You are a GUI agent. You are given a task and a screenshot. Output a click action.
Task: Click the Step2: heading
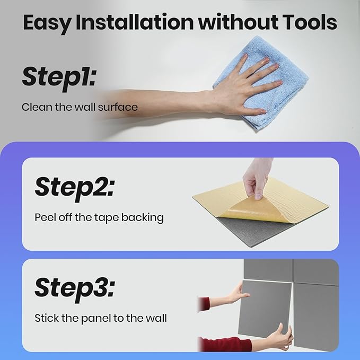pyautogui.click(x=74, y=188)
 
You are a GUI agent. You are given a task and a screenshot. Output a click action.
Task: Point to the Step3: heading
pyautogui.click(x=74, y=289)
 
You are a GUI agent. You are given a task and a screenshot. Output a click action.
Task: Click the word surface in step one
pyautogui.click(x=118, y=107)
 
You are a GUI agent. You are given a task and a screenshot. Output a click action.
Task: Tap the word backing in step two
pyautogui.click(x=142, y=218)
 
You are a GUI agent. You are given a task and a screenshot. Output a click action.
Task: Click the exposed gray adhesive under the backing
pyautogui.click(x=255, y=232)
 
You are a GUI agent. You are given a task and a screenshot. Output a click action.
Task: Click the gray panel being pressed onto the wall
pyautogui.click(x=265, y=309)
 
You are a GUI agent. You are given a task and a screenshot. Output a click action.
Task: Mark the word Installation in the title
pyautogui.click(x=135, y=22)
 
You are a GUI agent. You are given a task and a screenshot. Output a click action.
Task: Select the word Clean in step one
pyautogui.click(x=37, y=107)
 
